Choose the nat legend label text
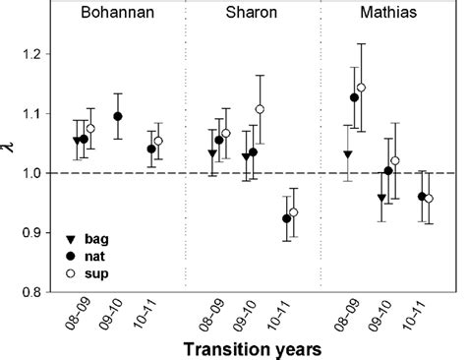[96, 256]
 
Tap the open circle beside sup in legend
[68, 271]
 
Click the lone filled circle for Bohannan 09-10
[118, 116]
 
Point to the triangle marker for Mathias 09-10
[381, 199]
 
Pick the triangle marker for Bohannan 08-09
[77, 141]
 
